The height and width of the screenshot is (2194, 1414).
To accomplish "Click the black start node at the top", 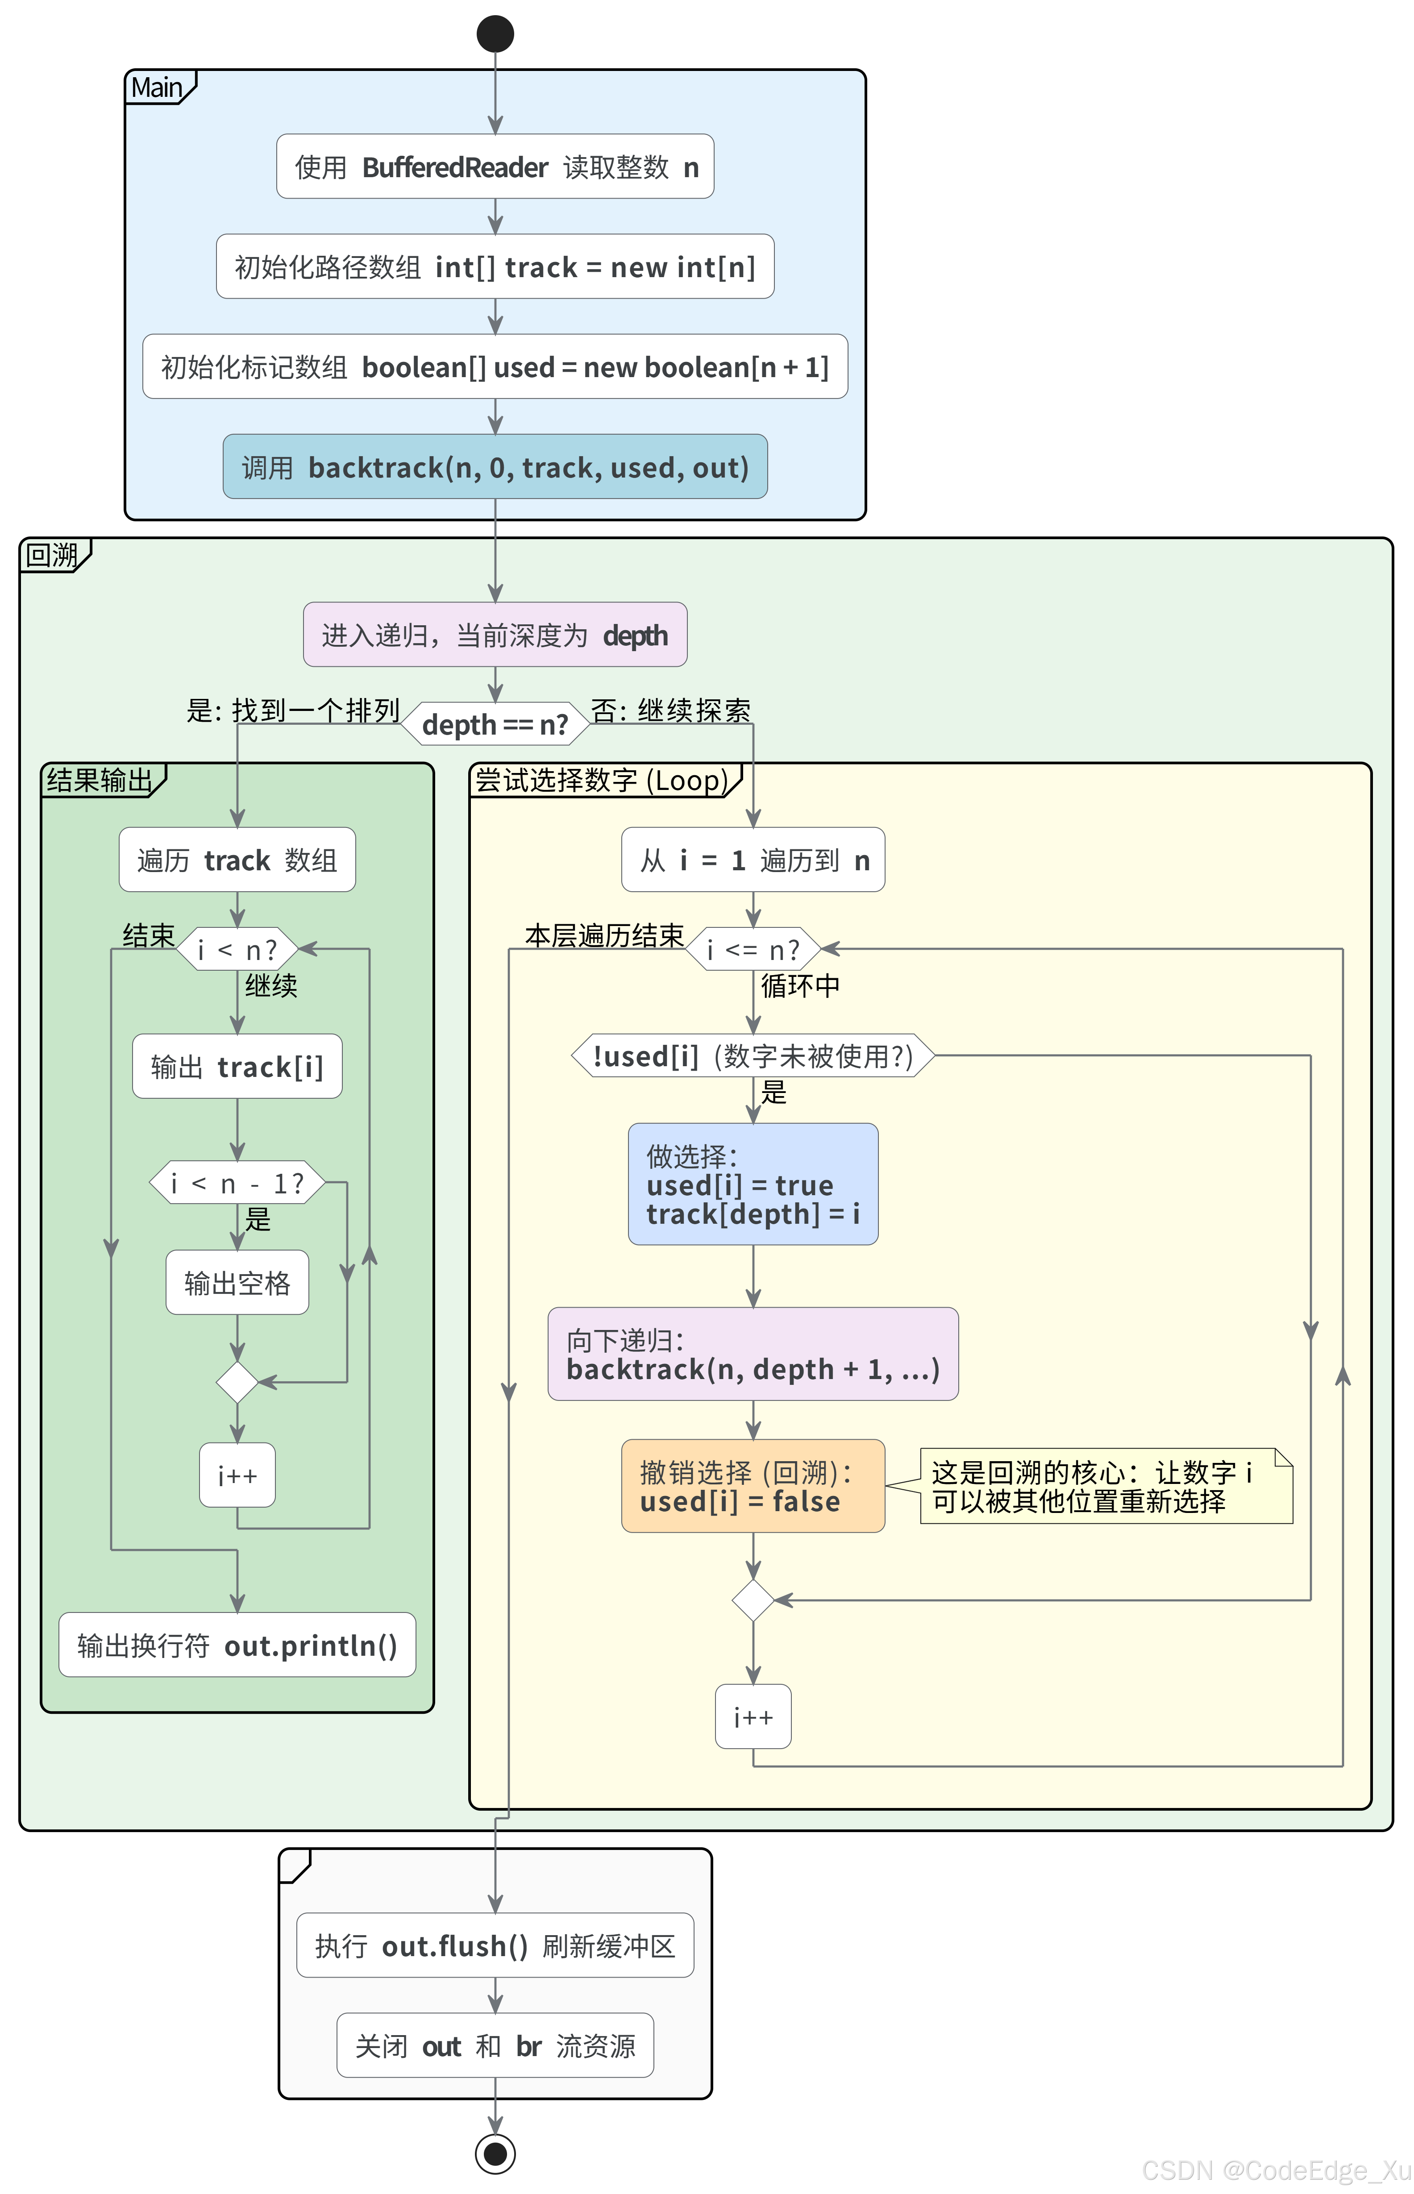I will [x=495, y=34].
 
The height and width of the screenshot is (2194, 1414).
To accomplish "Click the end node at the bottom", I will [x=495, y=2153].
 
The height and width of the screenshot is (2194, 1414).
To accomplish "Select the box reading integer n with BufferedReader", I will [x=495, y=167].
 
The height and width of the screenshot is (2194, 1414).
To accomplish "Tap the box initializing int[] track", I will [x=495, y=267].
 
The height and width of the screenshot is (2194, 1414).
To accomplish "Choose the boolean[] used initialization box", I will [x=495, y=367].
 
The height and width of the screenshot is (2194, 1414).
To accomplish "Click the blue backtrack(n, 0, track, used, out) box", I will [x=495, y=467].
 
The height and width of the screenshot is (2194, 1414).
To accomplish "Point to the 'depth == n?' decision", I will [x=495, y=724].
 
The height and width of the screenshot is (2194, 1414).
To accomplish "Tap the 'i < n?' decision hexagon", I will [x=237, y=949].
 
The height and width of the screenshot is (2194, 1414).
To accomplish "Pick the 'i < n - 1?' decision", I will [x=237, y=1183].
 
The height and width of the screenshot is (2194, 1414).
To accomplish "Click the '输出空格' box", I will [x=237, y=1282].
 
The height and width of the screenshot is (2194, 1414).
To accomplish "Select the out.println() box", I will [x=237, y=1645].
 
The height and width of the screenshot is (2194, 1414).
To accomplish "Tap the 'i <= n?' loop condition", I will [x=753, y=949].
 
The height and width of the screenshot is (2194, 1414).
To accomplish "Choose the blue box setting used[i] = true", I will [x=753, y=1184].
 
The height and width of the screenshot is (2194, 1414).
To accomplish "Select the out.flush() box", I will [x=495, y=1945].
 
